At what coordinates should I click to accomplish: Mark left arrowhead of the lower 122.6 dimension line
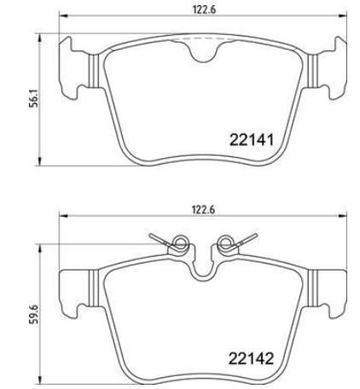61,217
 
